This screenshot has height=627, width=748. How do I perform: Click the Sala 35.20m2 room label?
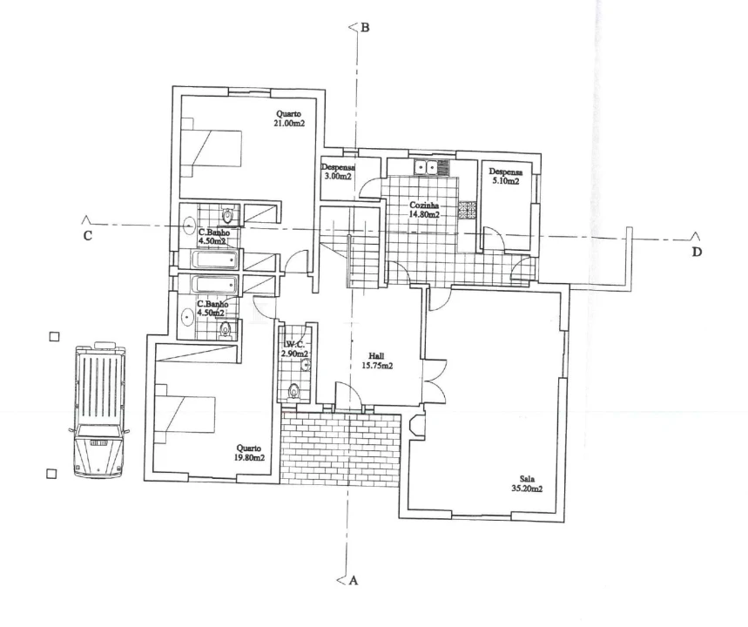(527, 484)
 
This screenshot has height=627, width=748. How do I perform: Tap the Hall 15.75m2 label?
(377, 361)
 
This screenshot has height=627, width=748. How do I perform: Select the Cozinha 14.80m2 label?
(424, 210)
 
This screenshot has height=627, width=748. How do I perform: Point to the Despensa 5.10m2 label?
(506, 177)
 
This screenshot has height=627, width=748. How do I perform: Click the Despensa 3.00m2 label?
(338, 172)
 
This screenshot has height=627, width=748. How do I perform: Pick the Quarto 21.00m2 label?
(288, 118)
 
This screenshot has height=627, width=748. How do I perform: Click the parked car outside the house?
(99, 410)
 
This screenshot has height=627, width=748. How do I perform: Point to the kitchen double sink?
(426, 167)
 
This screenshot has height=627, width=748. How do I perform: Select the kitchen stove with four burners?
(468, 210)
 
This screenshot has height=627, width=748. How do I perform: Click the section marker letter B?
(365, 28)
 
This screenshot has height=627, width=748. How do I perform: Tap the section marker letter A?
(354, 580)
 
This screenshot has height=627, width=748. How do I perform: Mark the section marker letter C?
(88, 236)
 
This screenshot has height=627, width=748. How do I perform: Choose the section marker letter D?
(697, 252)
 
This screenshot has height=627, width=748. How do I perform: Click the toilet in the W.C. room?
(294, 391)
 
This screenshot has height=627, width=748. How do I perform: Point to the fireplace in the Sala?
(416, 426)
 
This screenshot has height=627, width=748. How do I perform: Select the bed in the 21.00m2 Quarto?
(211, 148)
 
